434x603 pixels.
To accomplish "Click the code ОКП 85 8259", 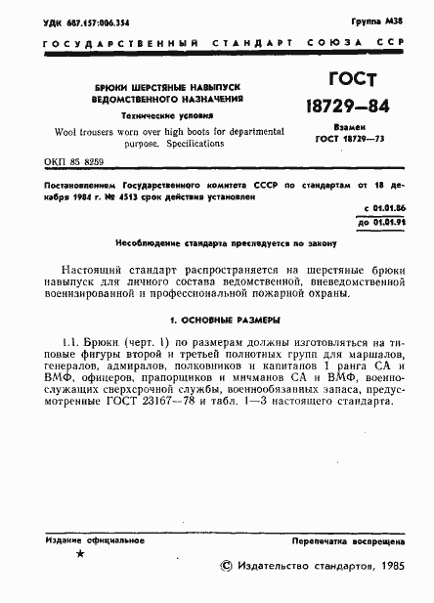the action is click(73, 160).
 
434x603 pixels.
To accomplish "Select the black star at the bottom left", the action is click(80, 554).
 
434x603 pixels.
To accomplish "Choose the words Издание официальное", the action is click(88, 539).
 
